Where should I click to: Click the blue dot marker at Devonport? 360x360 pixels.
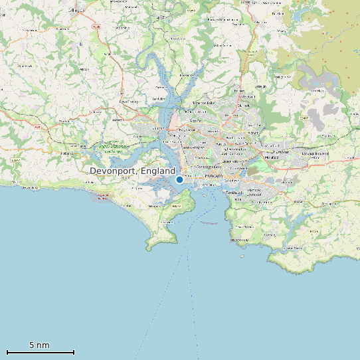(179, 179)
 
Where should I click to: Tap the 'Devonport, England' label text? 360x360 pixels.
(132, 171)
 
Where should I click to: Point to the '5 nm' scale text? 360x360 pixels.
(39, 345)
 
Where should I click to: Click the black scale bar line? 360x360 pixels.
(40, 352)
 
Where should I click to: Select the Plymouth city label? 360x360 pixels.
(213, 175)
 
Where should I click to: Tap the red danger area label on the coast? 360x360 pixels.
(102, 196)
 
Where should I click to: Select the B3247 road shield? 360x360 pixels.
(15, 160)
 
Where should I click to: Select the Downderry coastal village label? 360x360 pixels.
(30, 188)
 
